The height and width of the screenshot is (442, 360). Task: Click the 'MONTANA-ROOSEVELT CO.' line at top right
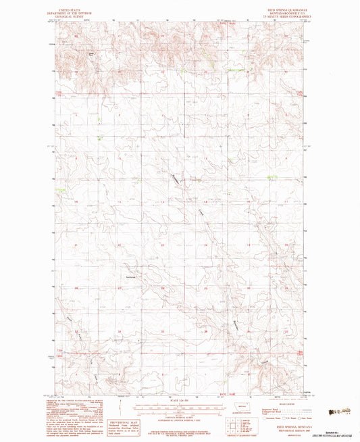click(x=290, y=8)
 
